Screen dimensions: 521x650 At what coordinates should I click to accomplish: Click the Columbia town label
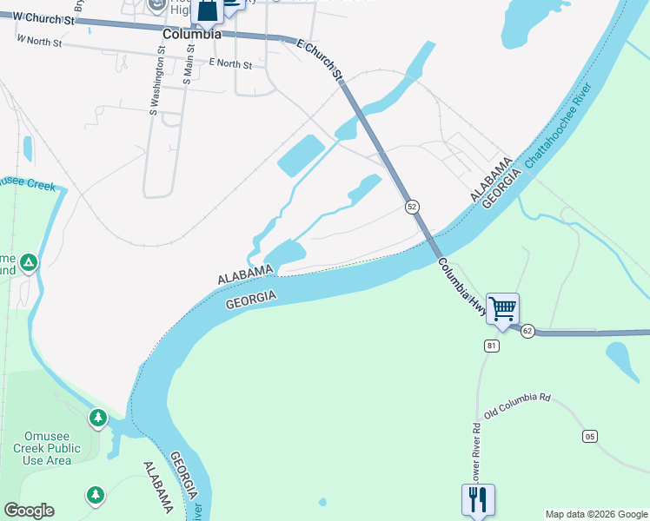point(191,35)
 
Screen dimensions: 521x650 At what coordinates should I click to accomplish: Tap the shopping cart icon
point(502,308)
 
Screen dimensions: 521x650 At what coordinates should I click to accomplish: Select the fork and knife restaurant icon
point(478,498)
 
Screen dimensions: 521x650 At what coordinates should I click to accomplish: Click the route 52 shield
point(412,207)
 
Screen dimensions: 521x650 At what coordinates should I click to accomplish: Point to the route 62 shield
point(527,331)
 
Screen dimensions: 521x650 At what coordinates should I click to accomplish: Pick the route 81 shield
point(491,346)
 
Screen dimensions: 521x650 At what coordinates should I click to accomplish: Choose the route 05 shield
point(590,436)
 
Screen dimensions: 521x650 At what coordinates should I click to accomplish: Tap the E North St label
point(230,64)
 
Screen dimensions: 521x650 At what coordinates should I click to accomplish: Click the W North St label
point(40,40)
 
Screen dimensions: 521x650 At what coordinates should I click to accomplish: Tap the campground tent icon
point(29,262)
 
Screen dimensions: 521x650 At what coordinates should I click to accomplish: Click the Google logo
point(29,511)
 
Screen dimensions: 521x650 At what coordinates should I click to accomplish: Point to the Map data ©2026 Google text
point(596,514)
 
